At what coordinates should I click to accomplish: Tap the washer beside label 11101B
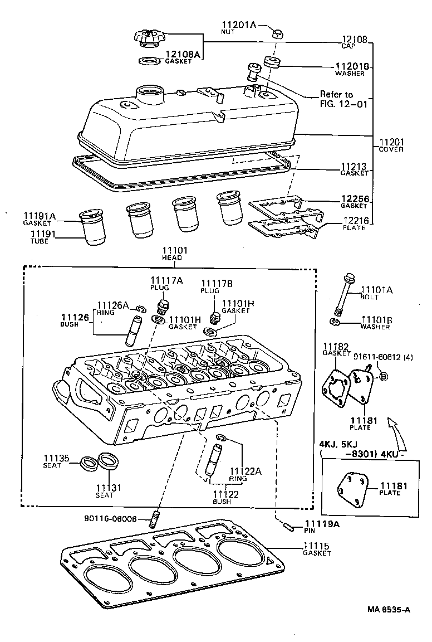pos(336,323)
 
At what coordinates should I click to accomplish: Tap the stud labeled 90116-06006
pos(155,519)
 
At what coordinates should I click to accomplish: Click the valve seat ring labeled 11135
pos(88,463)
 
